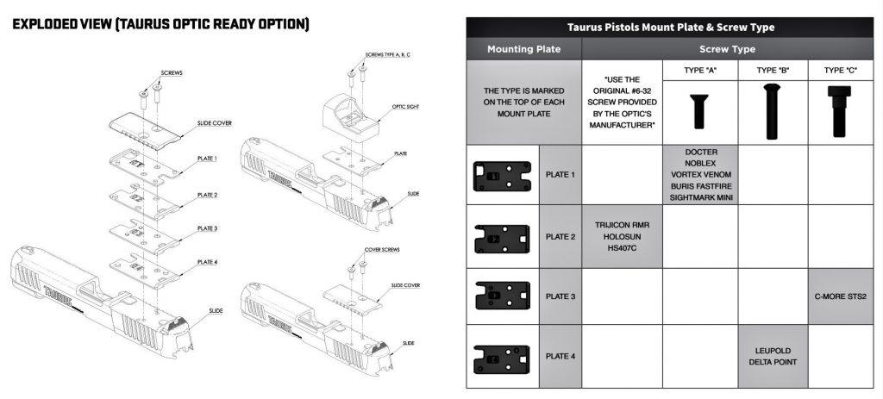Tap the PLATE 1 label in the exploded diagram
pos(207,159)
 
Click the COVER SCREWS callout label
pos(382,249)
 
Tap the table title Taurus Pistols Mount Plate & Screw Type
pos(669,28)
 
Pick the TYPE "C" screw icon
pos(842,110)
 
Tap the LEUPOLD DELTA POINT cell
pos(773,356)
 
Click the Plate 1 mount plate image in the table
pos(502,176)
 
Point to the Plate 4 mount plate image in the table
pos(502,355)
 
